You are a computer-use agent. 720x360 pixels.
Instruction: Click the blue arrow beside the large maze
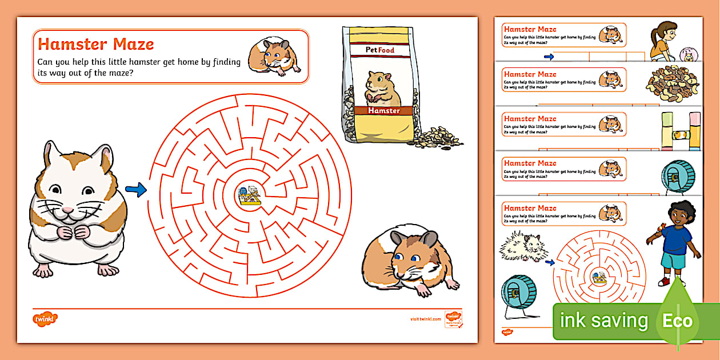coord(135,190)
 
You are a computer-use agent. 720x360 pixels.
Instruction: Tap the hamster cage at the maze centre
coord(250,195)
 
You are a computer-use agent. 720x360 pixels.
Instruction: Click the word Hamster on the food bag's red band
coord(383,110)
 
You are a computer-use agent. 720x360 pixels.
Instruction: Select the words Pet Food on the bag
coord(380,50)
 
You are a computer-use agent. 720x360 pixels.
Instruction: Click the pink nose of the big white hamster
coord(69,209)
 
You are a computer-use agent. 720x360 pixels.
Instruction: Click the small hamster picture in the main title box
coord(275,57)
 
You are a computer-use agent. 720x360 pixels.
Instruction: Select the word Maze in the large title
coord(130,44)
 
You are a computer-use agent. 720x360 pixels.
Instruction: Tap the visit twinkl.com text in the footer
coord(425,318)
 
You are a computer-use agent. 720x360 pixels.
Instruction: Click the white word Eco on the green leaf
coord(678,321)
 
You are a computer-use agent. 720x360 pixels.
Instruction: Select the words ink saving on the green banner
coord(603,321)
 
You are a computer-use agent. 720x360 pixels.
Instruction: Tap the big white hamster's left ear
coord(54,154)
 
